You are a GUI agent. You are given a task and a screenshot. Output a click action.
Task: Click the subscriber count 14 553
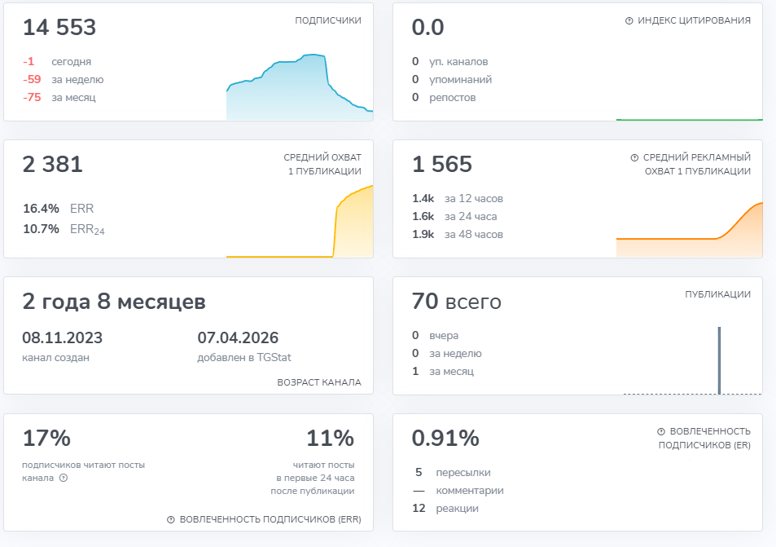59,27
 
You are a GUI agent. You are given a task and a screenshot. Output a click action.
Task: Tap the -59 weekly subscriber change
32,79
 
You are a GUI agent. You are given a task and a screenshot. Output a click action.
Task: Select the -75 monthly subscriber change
32,97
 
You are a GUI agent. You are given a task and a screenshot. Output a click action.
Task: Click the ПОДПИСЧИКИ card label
328,20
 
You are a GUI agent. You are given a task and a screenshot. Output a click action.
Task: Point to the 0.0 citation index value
427,27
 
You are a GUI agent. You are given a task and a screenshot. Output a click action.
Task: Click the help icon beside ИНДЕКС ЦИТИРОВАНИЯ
629,21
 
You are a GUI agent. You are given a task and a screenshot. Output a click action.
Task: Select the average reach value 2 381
52,164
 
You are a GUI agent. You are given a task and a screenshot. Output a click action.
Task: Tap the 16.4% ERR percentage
41,208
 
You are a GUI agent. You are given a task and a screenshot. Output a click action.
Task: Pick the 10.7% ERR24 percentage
41,228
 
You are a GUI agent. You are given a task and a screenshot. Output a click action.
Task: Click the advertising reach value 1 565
442,164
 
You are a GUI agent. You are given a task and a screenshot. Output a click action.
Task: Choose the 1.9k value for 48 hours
423,234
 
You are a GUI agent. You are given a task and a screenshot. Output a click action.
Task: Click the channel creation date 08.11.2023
63,338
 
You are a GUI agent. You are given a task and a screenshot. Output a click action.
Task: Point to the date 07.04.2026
238,338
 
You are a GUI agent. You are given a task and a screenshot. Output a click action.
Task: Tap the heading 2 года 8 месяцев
114,302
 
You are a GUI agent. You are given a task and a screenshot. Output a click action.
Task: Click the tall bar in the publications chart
719,360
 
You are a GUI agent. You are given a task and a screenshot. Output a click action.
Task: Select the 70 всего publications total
456,302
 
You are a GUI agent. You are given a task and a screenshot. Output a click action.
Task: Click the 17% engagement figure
46,438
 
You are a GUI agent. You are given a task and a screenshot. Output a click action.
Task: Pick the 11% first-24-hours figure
330,438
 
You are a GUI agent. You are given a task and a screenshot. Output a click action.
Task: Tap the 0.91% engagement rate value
445,438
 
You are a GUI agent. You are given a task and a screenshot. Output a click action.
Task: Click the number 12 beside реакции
419,509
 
